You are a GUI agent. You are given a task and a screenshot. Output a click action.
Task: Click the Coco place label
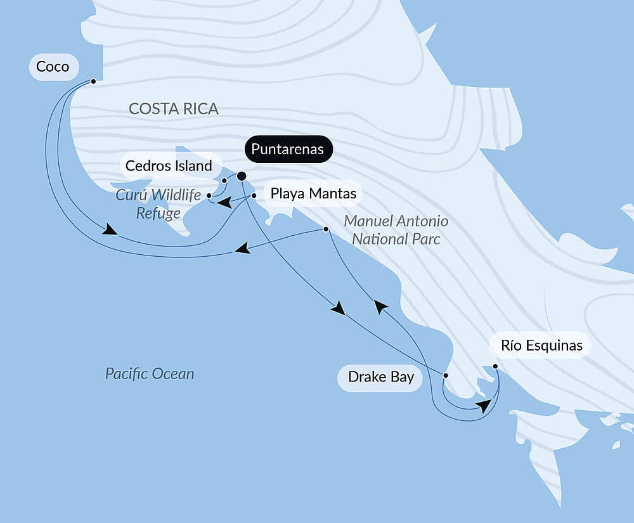click(53, 67)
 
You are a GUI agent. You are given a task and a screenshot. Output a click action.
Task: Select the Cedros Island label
click(169, 166)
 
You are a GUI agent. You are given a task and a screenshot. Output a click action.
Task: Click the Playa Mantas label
click(313, 193)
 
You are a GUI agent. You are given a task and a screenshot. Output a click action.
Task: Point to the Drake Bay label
click(380, 377)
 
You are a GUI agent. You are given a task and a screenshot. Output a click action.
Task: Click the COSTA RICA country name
click(173, 108)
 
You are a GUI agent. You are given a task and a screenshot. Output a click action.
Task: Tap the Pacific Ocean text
click(150, 373)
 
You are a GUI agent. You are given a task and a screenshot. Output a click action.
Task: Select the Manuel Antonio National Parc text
click(396, 230)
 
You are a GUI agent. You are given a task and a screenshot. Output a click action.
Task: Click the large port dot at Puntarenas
click(242, 176)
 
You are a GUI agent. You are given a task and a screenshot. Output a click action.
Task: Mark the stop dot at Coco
click(93, 81)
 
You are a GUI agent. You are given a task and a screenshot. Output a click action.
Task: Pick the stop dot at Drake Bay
click(445, 375)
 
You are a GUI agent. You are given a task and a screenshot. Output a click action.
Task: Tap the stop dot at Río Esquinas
click(495, 366)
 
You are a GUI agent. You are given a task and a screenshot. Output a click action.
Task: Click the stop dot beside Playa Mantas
click(254, 196)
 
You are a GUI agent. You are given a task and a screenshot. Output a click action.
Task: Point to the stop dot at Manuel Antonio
click(326, 229)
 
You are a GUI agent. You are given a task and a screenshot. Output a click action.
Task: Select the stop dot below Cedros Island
click(224, 181)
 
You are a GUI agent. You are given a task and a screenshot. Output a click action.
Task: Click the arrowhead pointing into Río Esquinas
click(484, 406)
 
